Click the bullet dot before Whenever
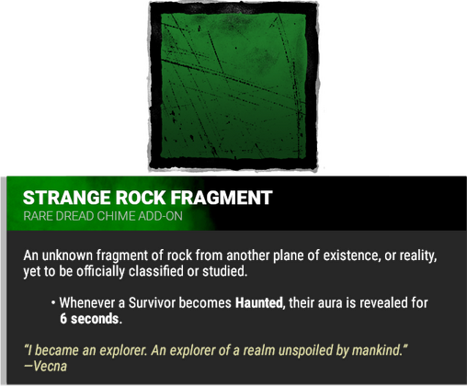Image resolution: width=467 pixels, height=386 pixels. [54, 302]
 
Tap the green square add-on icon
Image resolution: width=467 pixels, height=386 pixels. [233, 86]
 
